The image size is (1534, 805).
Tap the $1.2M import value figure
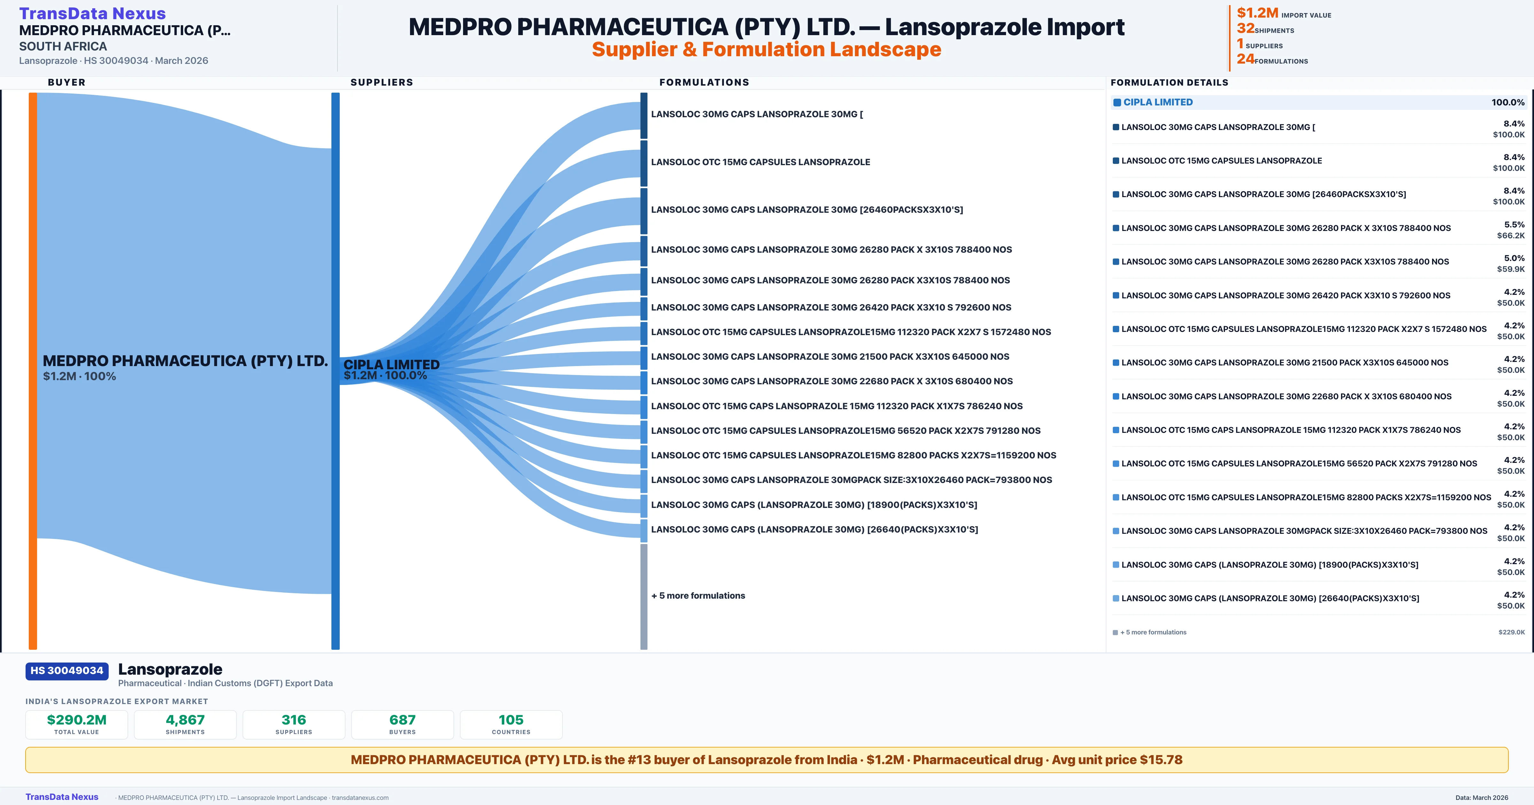[x=1257, y=12]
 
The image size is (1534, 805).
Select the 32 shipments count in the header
[x=1245, y=28]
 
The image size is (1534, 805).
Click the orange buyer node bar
[x=33, y=370]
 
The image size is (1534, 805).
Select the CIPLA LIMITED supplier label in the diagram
[x=391, y=364]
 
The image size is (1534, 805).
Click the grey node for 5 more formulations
[x=644, y=596]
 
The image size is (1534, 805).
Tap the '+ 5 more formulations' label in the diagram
[x=698, y=595]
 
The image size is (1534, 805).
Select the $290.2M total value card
[x=77, y=724]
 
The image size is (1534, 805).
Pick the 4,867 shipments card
[x=185, y=724]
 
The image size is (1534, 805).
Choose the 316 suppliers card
[x=294, y=724]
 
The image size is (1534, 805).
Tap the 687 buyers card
[x=403, y=724]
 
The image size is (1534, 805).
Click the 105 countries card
[x=511, y=724]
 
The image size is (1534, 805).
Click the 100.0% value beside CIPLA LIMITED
[x=1508, y=103]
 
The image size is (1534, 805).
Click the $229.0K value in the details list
[x=1511, y=632]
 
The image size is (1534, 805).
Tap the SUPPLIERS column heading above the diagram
[x=382, y=82]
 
